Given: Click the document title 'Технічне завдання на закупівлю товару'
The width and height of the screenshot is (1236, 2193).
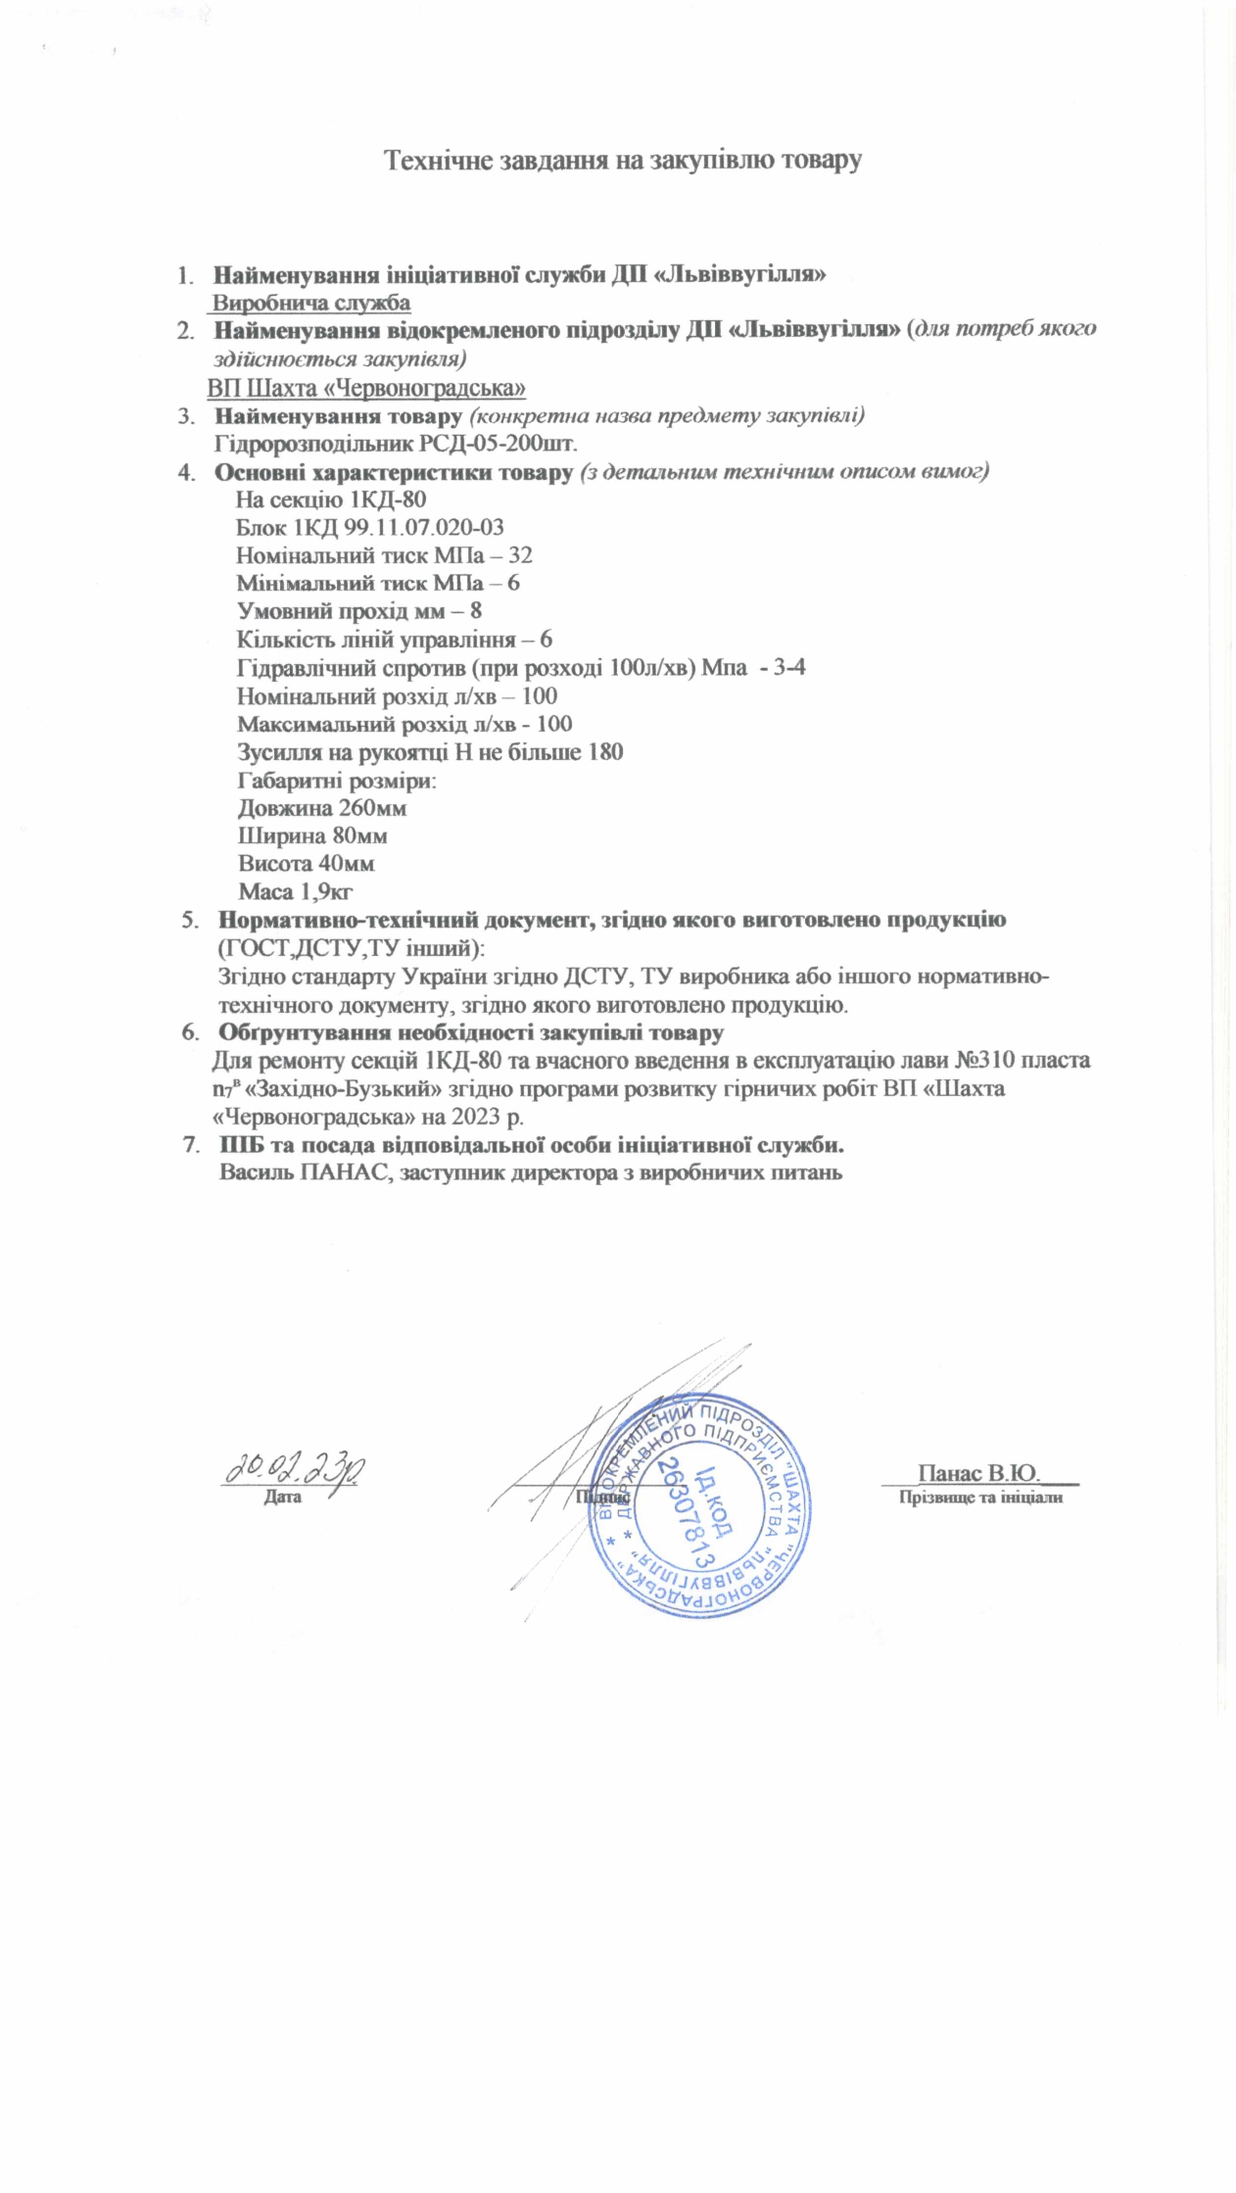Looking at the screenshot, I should point(622,160).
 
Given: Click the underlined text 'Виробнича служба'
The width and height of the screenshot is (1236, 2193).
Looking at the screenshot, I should point(311,303).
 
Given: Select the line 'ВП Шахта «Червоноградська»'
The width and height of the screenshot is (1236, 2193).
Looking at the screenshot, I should point(366,388).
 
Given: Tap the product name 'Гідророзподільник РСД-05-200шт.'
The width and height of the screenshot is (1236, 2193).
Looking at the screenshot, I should point(396,443).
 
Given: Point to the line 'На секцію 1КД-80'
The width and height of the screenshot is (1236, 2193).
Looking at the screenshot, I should point(331,499).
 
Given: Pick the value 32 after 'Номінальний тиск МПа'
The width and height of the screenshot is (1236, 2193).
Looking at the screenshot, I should point(520,555).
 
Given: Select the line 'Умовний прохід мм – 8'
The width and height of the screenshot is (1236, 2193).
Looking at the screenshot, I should point(359,611).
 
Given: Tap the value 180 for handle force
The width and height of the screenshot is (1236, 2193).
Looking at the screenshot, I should point(604,752).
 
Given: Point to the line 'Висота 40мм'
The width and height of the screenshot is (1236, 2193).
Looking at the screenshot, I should point(307,864).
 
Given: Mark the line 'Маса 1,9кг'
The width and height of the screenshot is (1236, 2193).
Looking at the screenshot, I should point(296,891).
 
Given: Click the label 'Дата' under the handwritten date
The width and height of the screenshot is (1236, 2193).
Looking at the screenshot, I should point(282,1498).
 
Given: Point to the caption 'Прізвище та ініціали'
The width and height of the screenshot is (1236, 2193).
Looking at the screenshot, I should point(980,1498).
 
